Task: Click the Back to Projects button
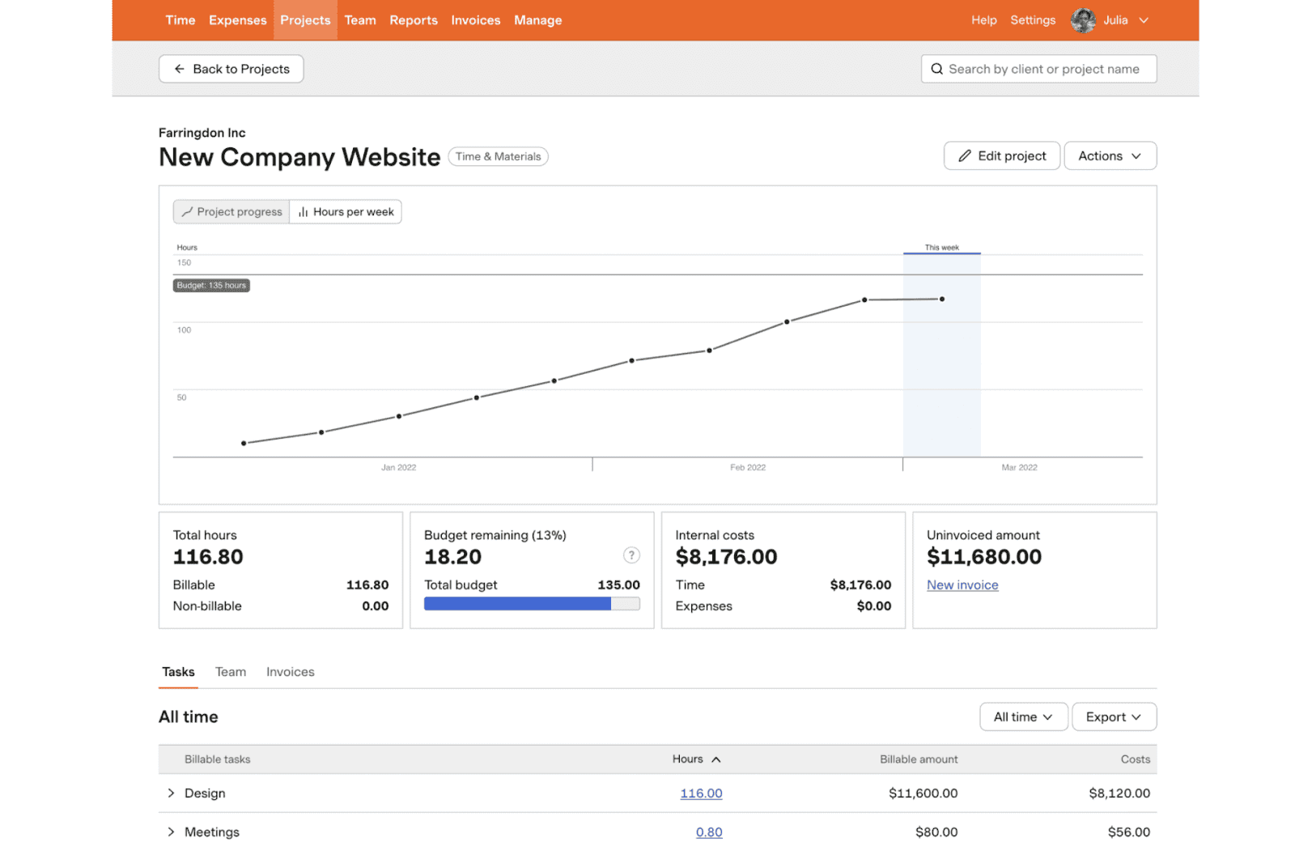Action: coord(231,69)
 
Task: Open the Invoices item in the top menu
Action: coord(475,20)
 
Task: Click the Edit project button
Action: coord(1001,155)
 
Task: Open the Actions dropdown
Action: coord(1109,155)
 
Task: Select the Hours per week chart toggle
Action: coord(346,212)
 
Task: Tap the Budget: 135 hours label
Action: coord(211,285)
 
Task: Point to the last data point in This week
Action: coord(941,299)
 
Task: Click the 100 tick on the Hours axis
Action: coord(185,329)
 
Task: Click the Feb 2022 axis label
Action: coord(747,467)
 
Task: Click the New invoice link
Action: coord(962,585)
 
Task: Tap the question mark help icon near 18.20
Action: coord(631,555)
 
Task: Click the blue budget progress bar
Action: coord(517,604)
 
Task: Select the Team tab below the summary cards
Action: coord(231,672)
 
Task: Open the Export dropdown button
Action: coord(1113,716)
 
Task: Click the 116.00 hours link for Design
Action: coord(701,793)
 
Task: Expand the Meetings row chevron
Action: coord(171,831)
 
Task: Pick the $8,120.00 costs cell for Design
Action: coord(1119,793)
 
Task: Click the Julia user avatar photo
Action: coord(1082,20)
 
